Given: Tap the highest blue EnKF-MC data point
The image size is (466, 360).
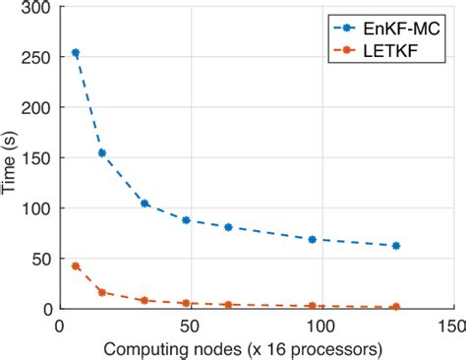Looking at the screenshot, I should point(76,53).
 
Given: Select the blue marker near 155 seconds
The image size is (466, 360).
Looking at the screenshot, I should point(101,152).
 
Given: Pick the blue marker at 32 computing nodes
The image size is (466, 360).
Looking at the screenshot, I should point(145,204).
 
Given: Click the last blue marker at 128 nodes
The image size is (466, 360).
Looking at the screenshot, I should point(396,246).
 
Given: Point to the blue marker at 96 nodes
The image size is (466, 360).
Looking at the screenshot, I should point(312,239).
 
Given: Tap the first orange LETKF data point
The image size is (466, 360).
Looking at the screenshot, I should point(76,266).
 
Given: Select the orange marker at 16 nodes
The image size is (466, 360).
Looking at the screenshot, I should point(101,292).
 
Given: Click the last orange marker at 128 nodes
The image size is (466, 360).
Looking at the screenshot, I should point(396,307).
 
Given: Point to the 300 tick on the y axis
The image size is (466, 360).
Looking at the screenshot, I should point(40,7).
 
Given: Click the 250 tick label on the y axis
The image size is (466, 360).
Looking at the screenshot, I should point(40,57).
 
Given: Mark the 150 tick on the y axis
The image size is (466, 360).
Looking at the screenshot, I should point(40,157).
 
